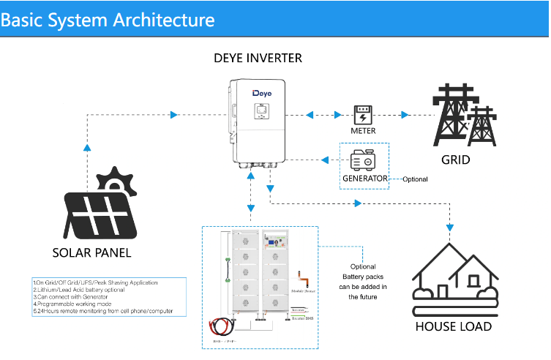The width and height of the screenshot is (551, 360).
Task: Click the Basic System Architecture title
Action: pyautogui.click(x=108, y=19)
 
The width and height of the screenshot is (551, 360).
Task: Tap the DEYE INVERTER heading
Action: pyautogui.click(x=258, y=58)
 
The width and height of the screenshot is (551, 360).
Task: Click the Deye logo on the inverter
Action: pyautogui.click(x=262, y=94)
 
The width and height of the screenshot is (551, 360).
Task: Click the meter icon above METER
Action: pyautogui.click(x=363, y=115)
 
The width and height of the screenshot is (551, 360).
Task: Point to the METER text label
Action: pyautogui.click(x=363, y=131)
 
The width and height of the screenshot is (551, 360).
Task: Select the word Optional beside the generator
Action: pyautogui.click(x=415, y=179)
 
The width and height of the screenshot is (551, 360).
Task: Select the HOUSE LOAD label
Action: pyautogui.click(x=453, y=326)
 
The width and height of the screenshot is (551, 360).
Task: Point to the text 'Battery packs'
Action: pyautogui.click(x=363, y=277)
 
